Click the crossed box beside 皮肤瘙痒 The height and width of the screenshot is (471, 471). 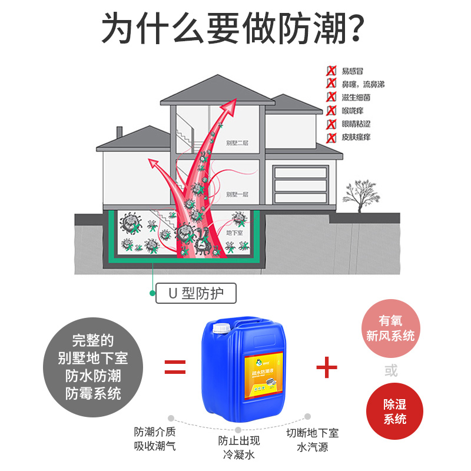pyautogui.click(x=331, y=138)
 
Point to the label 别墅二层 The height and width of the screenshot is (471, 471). pyautogui.click(x=237, y=143)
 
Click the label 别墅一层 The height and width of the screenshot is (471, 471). pyautogui.click(x=237, y=194)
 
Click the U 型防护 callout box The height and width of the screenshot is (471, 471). pyautogui.click(x=197, y=293)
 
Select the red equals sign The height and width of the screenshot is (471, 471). pyautogui.click(x=175, y=368)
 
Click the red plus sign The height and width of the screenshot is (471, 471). pyautogui.click(x=327, y=368)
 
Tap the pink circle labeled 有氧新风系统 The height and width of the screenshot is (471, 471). pyautogui.click(x=391, y=328)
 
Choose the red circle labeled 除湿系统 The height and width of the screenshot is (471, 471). pyautogui.click(x=394, y=411)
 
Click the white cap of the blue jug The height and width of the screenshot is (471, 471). pyautogui.click(x=220, y=327)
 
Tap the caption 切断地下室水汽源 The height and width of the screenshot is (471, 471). pyautogui.click(x=313, y=440)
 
